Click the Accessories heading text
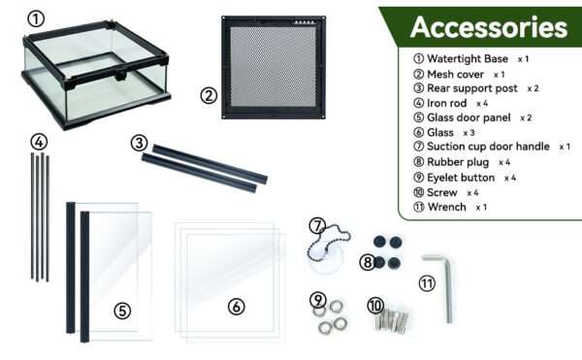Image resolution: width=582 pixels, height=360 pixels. (489, 27)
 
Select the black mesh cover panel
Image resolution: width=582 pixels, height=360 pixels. (274, 67)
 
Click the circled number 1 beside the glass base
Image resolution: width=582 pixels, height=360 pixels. (36, 18)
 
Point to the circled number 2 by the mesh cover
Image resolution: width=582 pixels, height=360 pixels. (209, 96)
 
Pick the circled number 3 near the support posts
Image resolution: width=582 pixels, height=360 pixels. (139, 143)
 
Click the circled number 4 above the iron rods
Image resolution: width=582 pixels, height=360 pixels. (39, 142)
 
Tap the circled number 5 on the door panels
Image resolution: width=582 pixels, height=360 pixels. (122, 311)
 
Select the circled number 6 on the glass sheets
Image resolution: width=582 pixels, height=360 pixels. (236, 307)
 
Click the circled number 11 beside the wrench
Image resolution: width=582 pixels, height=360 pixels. (427, 284)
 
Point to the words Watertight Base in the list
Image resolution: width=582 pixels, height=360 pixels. (468, 58)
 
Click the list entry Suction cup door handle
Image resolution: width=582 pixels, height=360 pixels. (488, 147)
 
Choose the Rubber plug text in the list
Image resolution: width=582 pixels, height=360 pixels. (458, 162)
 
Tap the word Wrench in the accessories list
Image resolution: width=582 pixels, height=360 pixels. (446, 207)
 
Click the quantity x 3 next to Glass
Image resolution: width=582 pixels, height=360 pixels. (469, 133)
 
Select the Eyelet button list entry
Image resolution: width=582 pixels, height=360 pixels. (461, 178)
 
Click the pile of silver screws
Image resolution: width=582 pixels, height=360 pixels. (392, 319)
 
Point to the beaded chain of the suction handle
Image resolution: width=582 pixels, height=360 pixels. (329, 244)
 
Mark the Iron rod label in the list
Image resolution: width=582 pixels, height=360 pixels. (446, 103)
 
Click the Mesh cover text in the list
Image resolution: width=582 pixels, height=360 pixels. (455, 74)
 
